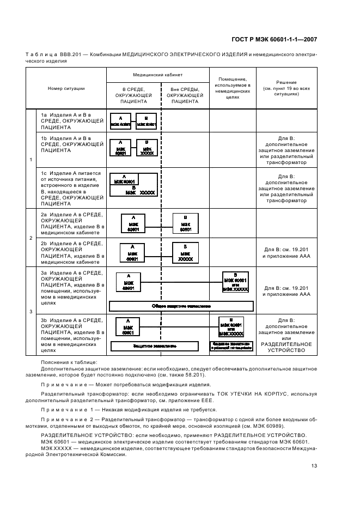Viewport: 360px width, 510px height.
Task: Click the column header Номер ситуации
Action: pos(66,88)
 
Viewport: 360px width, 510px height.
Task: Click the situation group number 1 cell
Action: pos(30,159)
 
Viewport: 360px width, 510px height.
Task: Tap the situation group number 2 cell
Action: pos(30,238)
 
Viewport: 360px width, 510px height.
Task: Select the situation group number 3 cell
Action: pos(30,311)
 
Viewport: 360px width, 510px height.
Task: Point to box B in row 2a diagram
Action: pos(185,223)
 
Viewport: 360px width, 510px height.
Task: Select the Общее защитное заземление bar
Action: pos(181,306)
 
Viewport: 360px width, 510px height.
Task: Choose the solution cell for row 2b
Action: pos(286,252)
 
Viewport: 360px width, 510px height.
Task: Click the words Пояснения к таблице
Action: pos(69,362)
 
